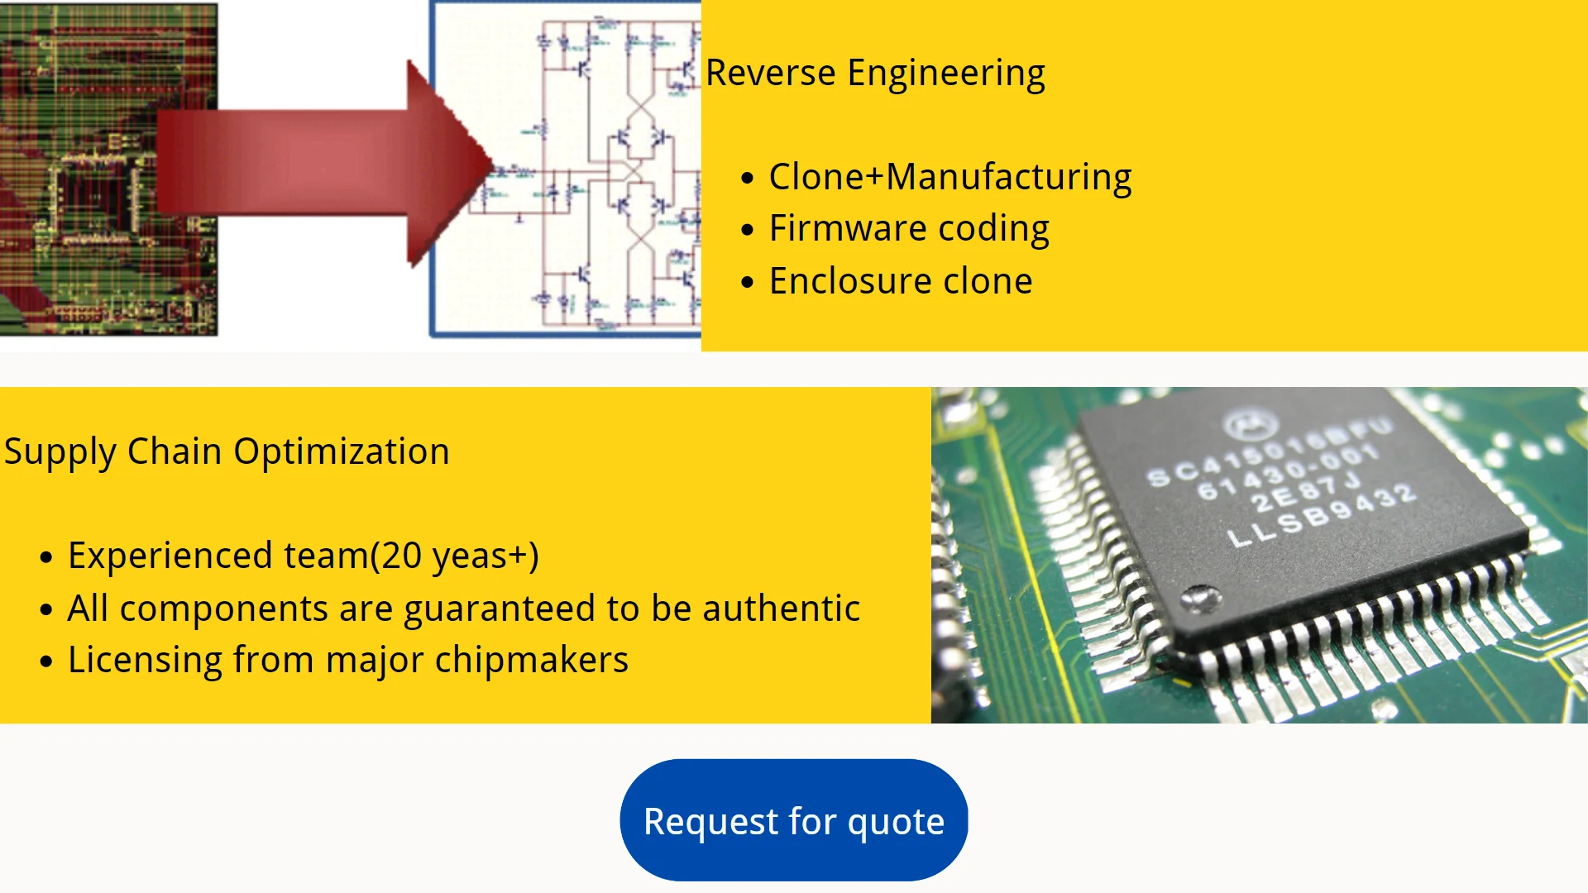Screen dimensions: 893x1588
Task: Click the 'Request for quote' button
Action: [x=794, y=821]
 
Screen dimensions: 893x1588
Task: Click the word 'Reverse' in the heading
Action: [x=770, y=73]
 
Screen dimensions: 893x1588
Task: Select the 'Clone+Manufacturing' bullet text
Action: [x=949, y=178]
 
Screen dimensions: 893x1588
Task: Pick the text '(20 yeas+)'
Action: [x=454, y=556]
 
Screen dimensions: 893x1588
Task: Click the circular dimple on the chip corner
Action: [x=1199, y=596]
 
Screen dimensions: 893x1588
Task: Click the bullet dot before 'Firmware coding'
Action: [x=748, y=230]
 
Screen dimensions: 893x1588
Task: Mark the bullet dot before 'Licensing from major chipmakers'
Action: [x=46, y=661]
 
